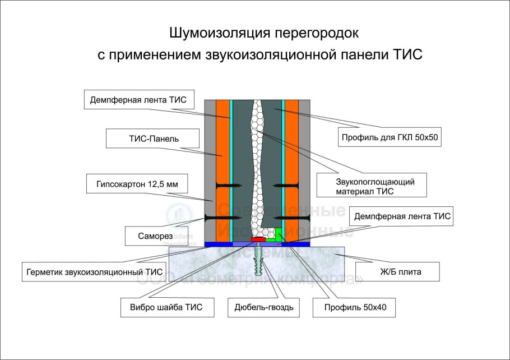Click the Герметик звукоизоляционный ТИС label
[x=95, y=272]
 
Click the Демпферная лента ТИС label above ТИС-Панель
[x=141, y=101]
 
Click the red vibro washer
[x=258, y=239]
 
